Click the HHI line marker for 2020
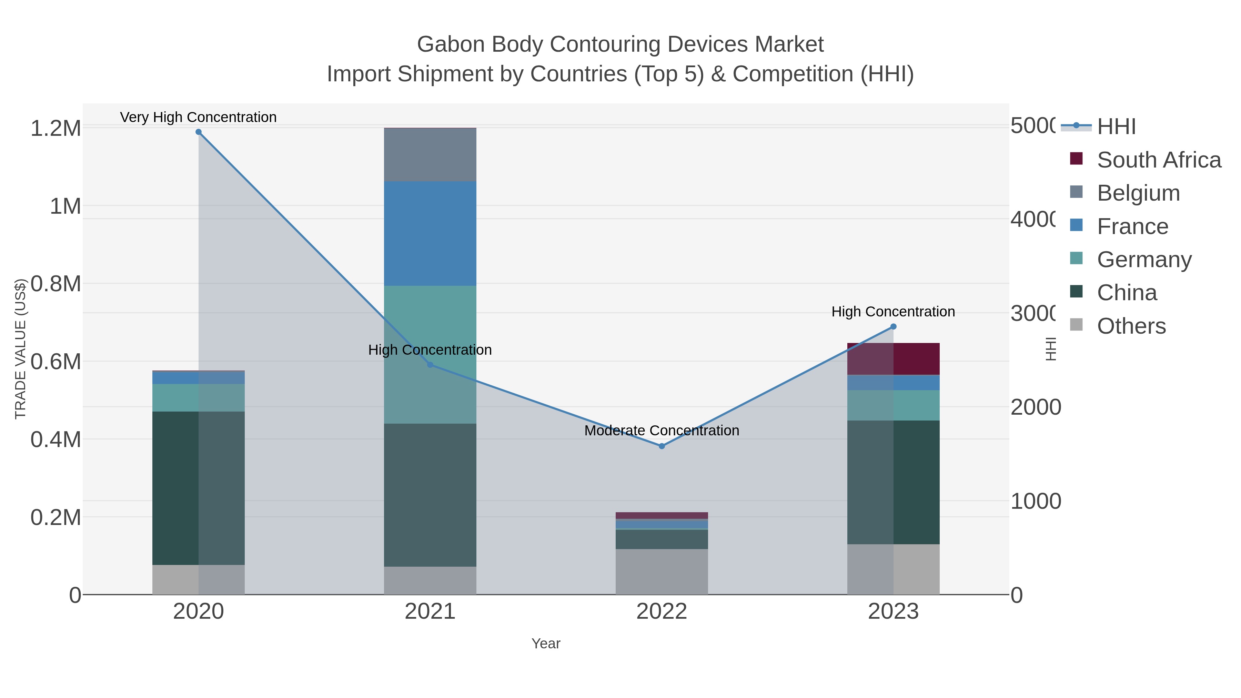pyautogui.click(x=199, y=132)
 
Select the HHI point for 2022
pyautogui.click(x=662, y=446)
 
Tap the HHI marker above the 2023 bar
pyautogui.click(x=893, y=327)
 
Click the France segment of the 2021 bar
pyautogui.click(x=430, y=234)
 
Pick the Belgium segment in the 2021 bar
pyautogui.click(x=430, y=155)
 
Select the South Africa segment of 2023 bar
pyautogui.click(x=893, y=359)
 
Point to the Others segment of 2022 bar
pyautogui.click(x=662, y=572)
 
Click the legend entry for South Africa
pyautogui.click(x=1159, y=160)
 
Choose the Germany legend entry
pyautogui.click(x=1144, y=260)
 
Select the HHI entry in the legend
pyautogui.click(x=1116, y=127)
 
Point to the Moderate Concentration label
pyautogui.click(x=662, y=430)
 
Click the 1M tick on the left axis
pyautogui.click(x=65, y=206)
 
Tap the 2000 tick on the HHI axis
pyautogui.click(x=1035, y=407)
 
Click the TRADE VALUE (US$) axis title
pyautogui.click(x=20, y=349)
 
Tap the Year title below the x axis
pyautogui.click(x=545, y=644)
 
